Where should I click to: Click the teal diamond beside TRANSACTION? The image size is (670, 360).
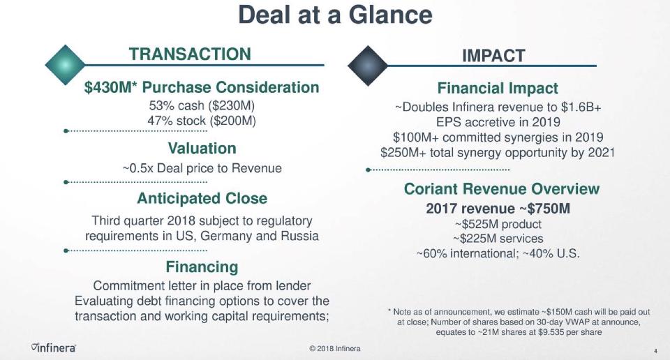(65, 65)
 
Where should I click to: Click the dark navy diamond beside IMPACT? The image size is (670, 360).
(368, 66)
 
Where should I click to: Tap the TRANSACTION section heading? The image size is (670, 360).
(190, 54)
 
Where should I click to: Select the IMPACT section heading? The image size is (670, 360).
(493, 56)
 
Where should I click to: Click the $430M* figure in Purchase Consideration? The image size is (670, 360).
(110, 87)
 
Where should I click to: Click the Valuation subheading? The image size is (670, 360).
(202, 148)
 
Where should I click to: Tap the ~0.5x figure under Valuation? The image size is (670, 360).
(138, 168)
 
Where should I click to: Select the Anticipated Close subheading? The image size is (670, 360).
(202, 198)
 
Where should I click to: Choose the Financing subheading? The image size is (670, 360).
(202, 267)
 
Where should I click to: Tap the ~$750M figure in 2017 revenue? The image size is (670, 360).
(545, 209)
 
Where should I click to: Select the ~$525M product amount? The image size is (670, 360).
(475, 224)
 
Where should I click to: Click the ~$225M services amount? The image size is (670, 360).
(475, 239)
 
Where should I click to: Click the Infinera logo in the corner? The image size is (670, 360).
(54, 347)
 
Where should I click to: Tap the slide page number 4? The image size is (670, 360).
(655, 351)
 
